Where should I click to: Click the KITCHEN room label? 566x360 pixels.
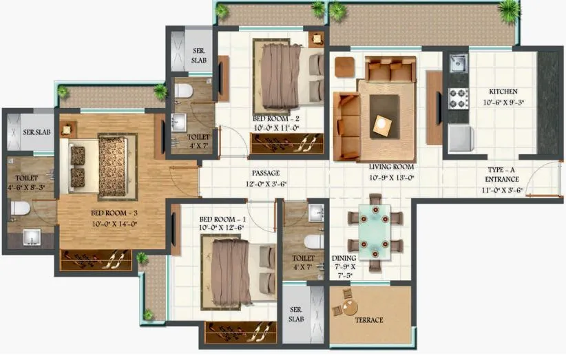[x=503, y=92]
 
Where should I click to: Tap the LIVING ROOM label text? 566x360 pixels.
[x=390, y=167]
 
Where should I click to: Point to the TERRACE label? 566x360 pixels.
[x=370, y=320]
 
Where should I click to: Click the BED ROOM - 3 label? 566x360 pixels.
[x=114, y=214]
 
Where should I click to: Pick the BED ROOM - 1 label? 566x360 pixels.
[x=222, y=219]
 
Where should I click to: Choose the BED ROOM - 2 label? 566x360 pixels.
[x=275, y=118]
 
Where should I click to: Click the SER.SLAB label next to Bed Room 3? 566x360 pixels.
[x=36, y=132]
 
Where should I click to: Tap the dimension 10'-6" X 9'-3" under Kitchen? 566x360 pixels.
[x=503, y=103]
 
